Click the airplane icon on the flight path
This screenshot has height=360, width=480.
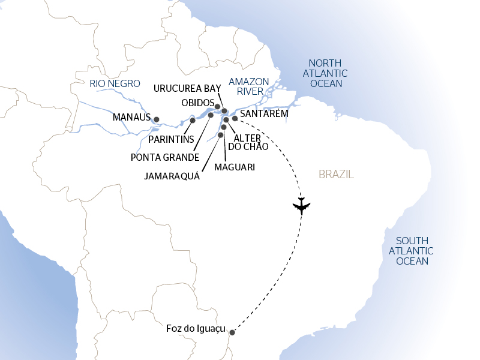coord(301,206)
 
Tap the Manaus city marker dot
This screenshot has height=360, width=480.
coord(157,119)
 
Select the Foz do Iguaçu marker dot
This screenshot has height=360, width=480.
coord(232,332)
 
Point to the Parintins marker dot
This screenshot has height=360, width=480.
coord(193,121)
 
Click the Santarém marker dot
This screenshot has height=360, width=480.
coord(235,119)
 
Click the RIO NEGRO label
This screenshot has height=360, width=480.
coord(115,83)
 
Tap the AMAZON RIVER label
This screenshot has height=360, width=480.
coord(246,86)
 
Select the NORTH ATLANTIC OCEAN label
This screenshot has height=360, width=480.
coord(325,73)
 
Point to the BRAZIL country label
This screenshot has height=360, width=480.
coord(336,175)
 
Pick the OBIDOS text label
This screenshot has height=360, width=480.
coord(197,102)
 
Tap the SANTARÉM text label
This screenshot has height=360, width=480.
coord(264,113)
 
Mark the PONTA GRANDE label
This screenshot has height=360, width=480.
coord(165,157)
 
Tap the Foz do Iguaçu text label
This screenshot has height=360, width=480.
coord(196,329)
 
